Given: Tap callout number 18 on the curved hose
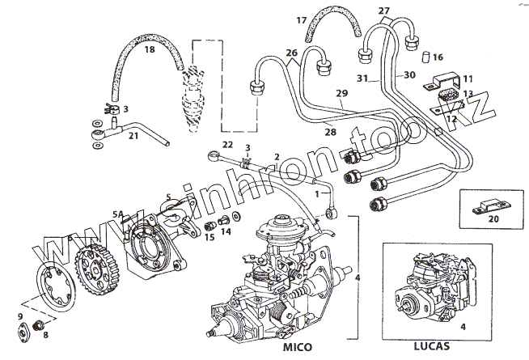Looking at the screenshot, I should (x=149, y=50).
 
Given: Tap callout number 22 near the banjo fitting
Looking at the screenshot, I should (x=228, y=144).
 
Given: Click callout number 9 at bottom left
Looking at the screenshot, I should (x=20, y=316).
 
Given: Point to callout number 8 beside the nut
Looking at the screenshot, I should (x=45, y=333).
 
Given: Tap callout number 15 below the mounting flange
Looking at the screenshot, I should (x=209, y=237).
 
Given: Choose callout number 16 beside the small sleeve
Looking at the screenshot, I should (x=438, y=57).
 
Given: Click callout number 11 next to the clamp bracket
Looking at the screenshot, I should (x=467, y=78).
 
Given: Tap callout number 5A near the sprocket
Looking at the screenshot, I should (x=118, y=214).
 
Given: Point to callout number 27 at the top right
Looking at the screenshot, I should (x=383, y=11).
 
